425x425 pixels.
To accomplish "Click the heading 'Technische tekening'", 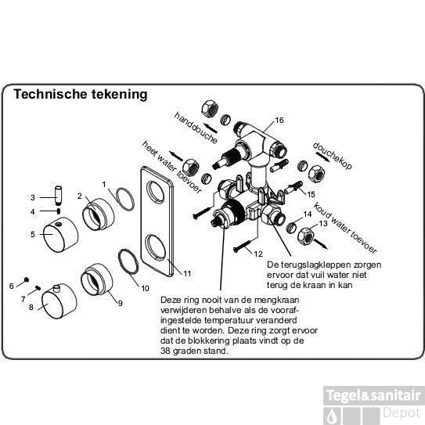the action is click(81, 95).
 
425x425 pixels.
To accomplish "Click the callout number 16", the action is click(279, 120).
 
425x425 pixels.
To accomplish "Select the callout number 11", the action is click(187, 273).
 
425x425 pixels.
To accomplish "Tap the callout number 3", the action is click(33, 197).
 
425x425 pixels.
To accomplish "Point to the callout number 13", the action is click(323, 224).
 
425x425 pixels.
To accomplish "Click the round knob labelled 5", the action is click(61, 235).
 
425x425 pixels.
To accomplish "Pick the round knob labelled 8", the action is click(59, 301).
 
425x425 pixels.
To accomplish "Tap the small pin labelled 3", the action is click(59, 195).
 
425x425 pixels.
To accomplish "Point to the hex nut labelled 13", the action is click(306, 236).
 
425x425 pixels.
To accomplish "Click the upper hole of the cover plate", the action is click(156, 193).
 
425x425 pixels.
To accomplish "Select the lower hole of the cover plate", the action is click(156, 247).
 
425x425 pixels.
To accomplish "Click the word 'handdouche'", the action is click(196, 128).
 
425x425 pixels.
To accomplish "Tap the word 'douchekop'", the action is click(333, 156).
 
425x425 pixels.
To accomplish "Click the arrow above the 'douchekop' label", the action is click(322, 157).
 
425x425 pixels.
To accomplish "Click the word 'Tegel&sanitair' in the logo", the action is click(374, 395).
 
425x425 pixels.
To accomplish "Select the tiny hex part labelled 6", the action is click(27, 279).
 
